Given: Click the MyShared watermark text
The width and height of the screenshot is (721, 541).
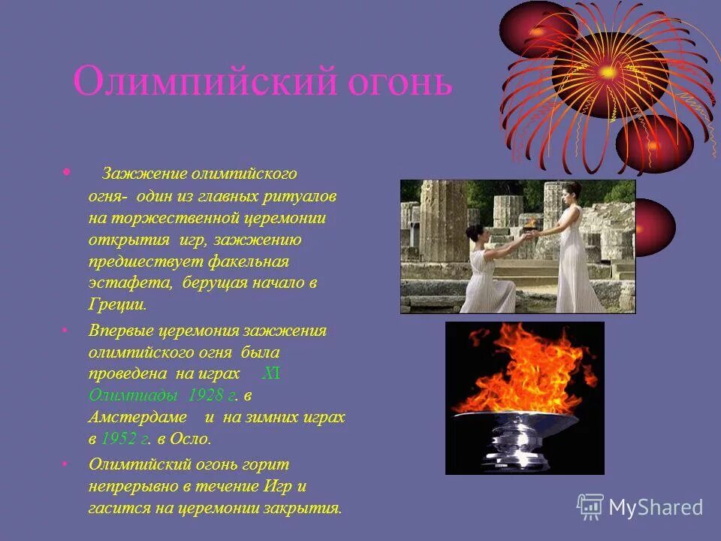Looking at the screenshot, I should [x=656, y=508].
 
